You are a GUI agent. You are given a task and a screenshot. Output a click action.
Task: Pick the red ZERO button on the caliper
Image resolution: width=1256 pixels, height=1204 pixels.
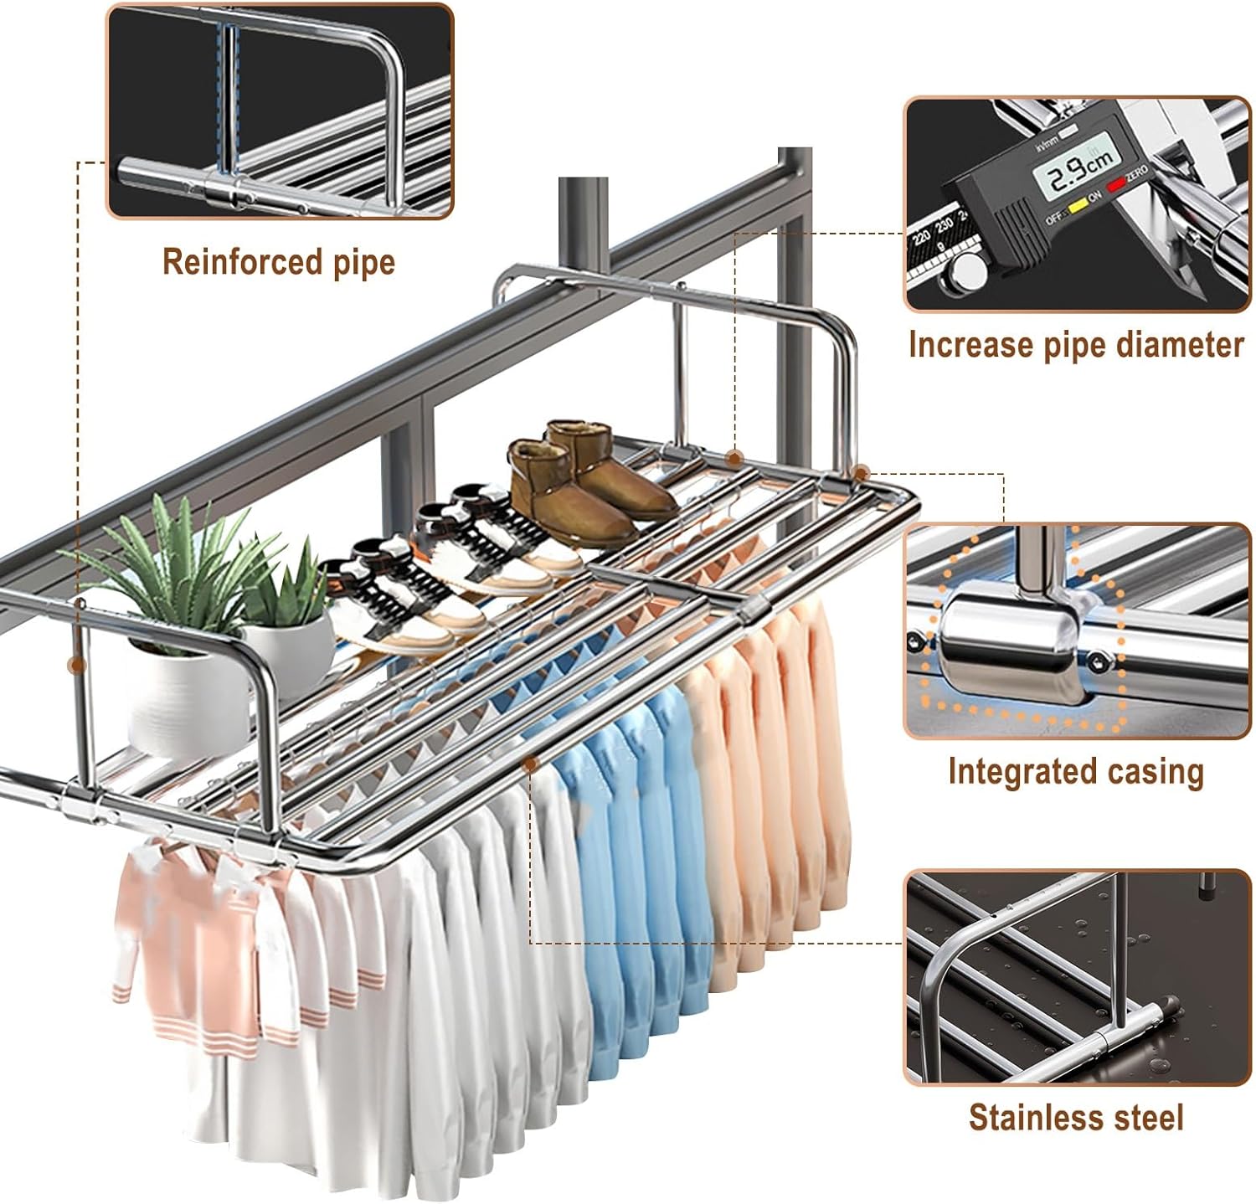(1116, 186)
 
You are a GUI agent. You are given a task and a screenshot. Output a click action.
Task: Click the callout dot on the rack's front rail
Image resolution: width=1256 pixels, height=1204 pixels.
(530, 764)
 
